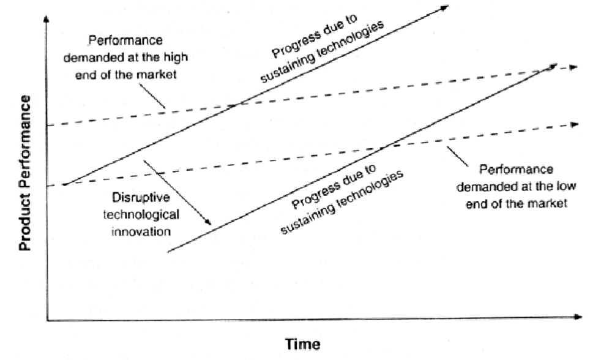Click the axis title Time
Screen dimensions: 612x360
302,343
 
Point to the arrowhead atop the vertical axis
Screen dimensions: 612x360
45,20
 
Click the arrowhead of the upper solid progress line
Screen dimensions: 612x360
444,7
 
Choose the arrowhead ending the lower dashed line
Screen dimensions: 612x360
573,124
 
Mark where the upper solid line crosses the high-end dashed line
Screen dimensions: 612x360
236,105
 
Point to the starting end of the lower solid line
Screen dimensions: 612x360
168,252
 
